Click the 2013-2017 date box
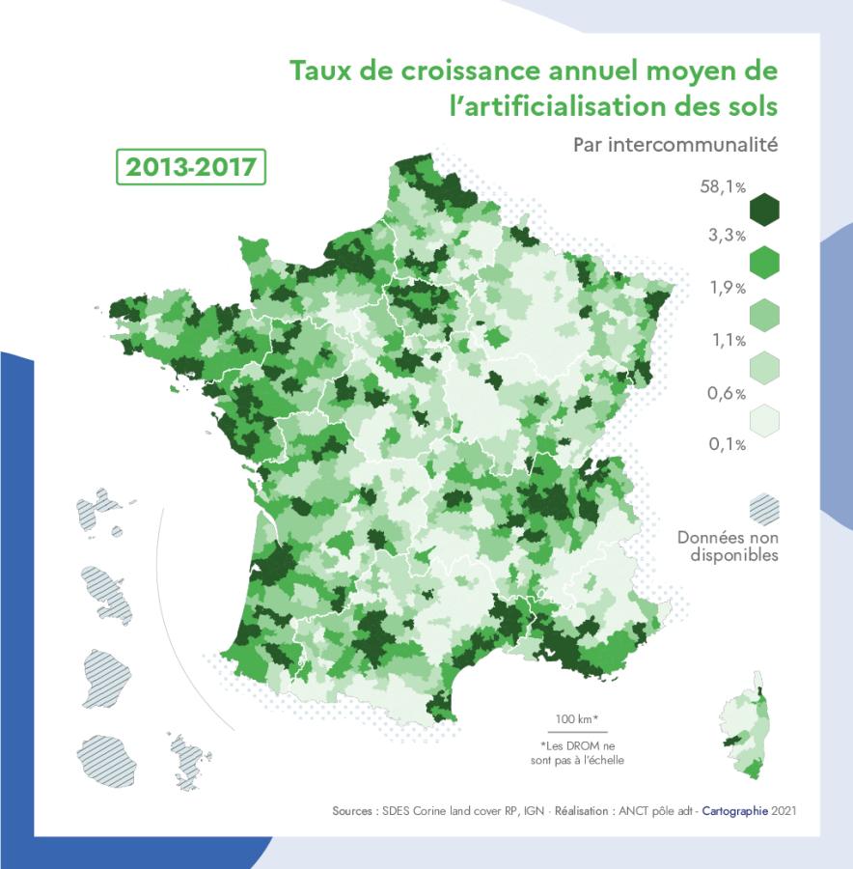click(191, 166)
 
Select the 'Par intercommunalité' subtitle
click(674, 145)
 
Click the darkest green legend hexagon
click(763, 210)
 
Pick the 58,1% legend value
click(723, 187)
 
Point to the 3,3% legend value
click(726, 236)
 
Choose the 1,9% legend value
click(727, 288)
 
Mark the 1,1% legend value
click(727, 340)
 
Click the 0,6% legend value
click(727, 393)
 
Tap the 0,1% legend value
click(727, 444)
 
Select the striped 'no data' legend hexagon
click(763, 508)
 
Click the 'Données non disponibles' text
click(728, 546)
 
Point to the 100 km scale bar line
click(577, 733)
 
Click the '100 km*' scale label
click(577, 719)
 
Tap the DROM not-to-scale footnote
click(577, 753)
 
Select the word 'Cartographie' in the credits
click(734, 811)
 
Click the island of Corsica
click(743, 724)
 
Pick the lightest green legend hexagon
click(763, 420)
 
